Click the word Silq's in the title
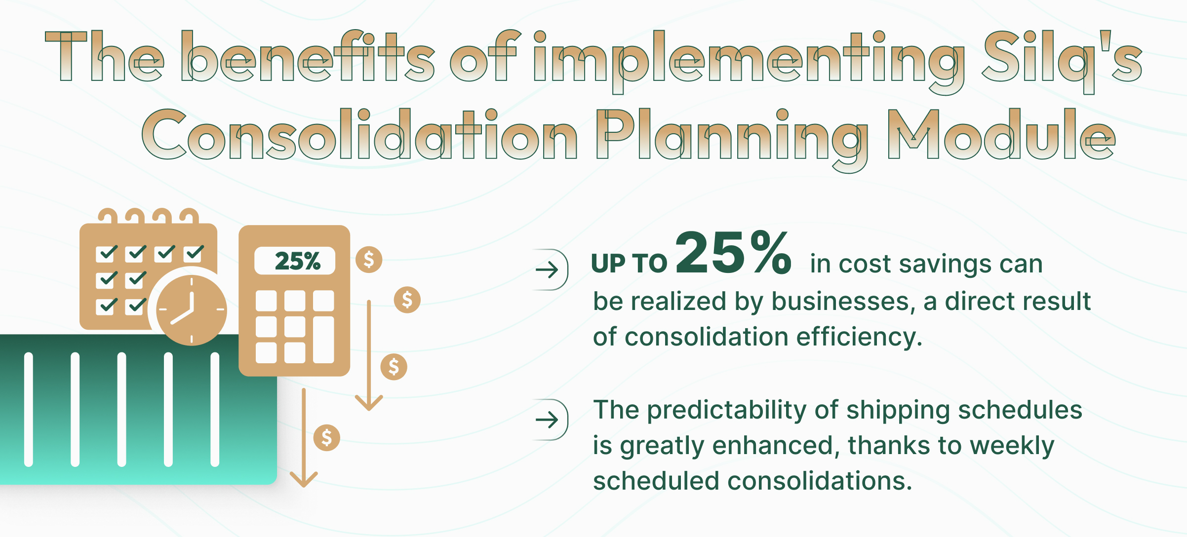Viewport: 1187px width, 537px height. pyautogui.click(x=1062, y=58)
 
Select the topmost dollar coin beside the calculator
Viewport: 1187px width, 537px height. pyautogui.click(x=369, y=260)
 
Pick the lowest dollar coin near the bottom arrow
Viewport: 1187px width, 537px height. pyautogui.click(x=326, y=437)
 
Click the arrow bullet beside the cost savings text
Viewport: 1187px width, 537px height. pyautogui.click(x=548, y=269)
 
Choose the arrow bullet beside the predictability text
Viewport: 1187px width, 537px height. pyautogui.click(x=548, y=420)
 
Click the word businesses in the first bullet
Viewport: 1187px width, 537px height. pyautogui.click(x=840, y=302)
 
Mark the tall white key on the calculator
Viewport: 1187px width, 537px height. pyautogui.click(x=323, y=340)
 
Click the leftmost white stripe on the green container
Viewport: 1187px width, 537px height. pyautogui.click(x=29, y=409)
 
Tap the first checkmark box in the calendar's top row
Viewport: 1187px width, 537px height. pyautogui.click(x=106, y=253)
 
